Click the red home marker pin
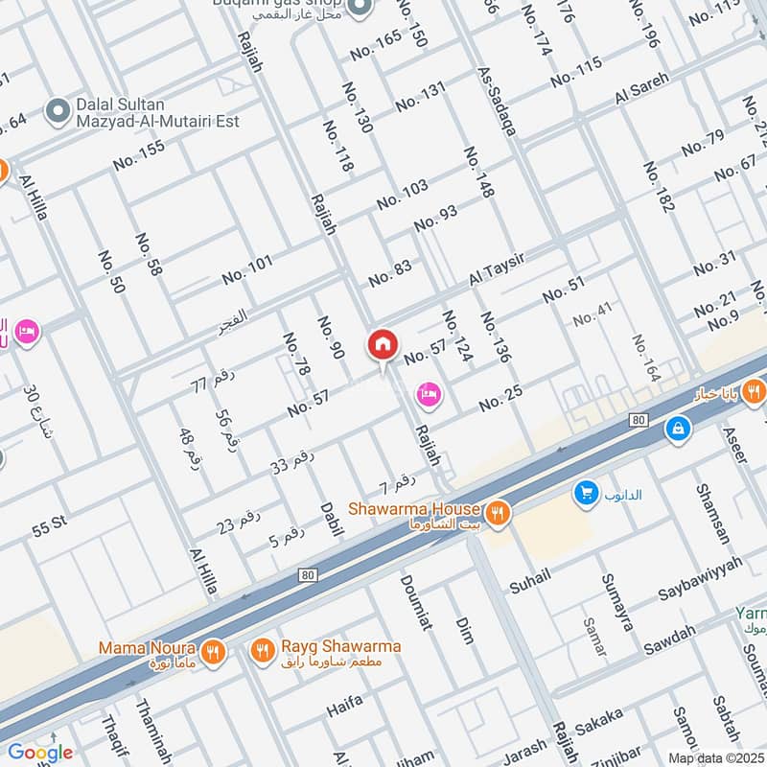click(x=383, y=345)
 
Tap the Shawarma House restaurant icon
click(x=497, y=513)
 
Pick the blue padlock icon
click(x=678, y=429)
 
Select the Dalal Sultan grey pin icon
click(x=58, y=111)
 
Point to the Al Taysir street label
click(x=500, y=265)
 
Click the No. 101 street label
click(x=246, y=269)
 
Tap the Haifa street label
click(x=345, y=706)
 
